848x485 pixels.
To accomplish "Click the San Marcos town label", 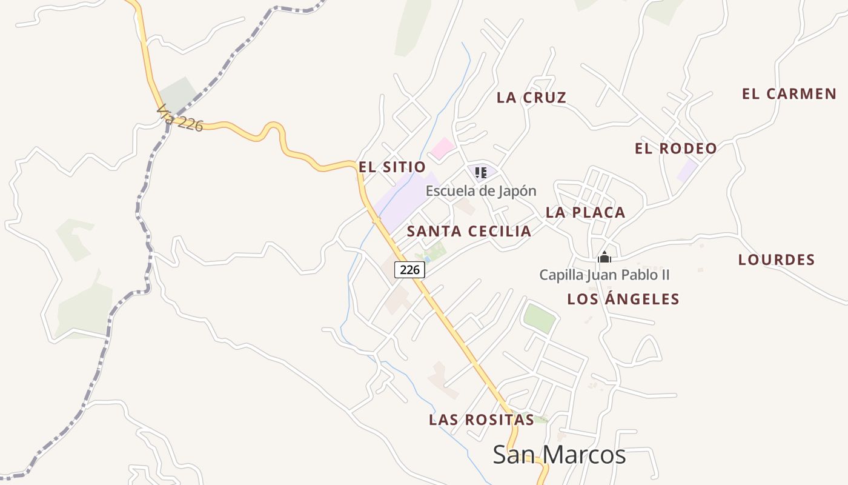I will point(559,455).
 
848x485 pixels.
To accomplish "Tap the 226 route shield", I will point(410,270).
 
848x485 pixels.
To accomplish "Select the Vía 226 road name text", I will point(179,118).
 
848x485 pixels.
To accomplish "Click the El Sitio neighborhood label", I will point(392,167).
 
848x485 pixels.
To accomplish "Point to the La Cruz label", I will point(531,98).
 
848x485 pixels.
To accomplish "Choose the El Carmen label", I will point(789,94).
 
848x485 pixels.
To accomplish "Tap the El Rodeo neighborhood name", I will point(675,149).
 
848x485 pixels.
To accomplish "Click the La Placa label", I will point(585,213).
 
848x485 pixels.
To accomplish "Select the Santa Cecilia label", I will point(469,231).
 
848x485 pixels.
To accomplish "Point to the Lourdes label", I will point(776,260).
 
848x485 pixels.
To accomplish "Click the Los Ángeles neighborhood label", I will point(623,299).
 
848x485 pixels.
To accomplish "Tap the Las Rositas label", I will point(481,420).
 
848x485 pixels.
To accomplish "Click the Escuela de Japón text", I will point(480,191).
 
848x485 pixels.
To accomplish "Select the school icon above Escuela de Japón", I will point(481,173).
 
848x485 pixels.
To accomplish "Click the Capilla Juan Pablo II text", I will point(604,275).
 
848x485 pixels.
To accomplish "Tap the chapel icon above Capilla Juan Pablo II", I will point(604,258).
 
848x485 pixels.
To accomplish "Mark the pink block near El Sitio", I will point(443,148).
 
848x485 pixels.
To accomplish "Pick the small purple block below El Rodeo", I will point(687,170).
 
